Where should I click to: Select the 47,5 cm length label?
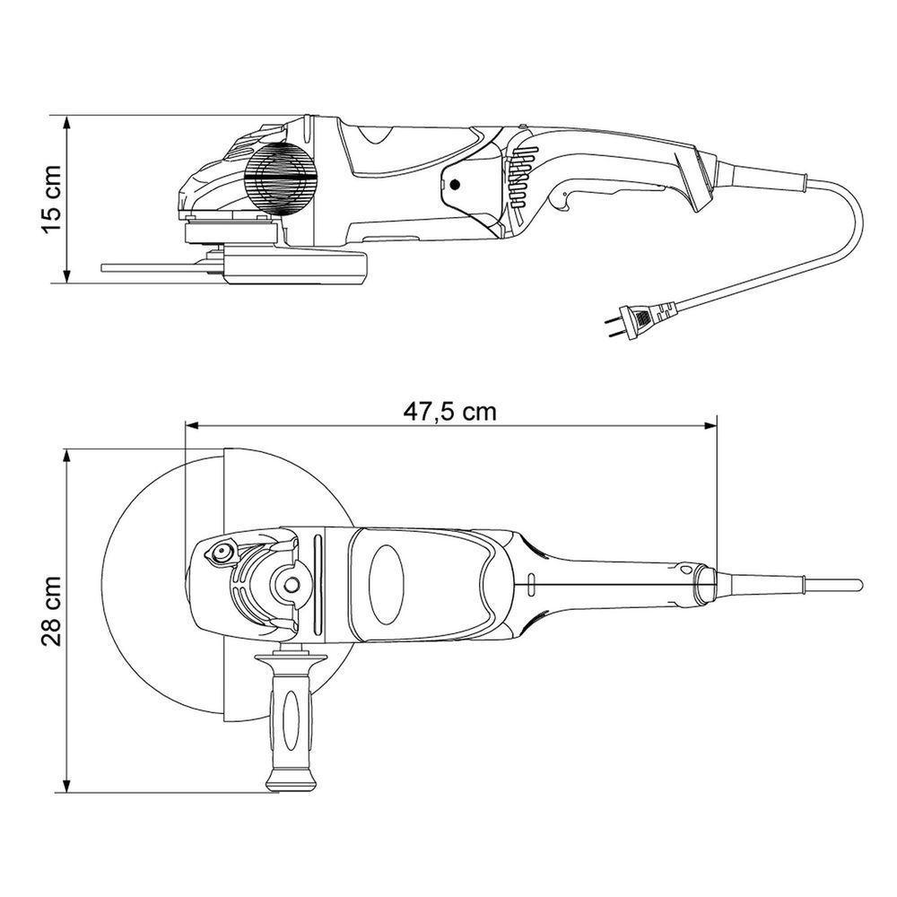click(449, 412)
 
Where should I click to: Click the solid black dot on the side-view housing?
click(454, 186)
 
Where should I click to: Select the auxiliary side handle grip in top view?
click(288, 718)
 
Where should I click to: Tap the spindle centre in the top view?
click(292, 584)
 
